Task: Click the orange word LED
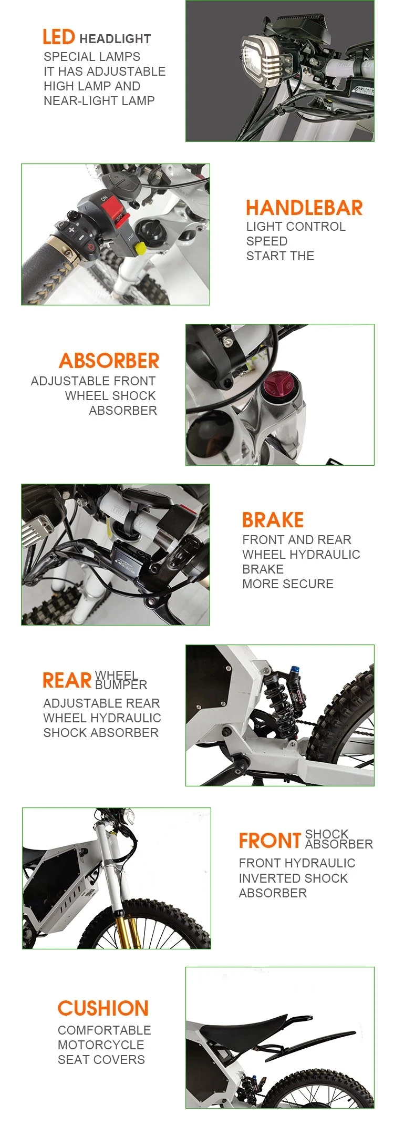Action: click(x=58, y=37)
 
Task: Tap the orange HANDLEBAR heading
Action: click(x=304, y=208)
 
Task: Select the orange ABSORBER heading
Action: click(x=109, y=361)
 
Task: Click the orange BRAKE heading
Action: click(x=273, y=520)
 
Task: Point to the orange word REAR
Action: click(x=67, y=680)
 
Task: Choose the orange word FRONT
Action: click(x=270, y=841)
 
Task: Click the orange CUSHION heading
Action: click(x=103, y=1008)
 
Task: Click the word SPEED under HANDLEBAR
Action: click(x=267, y=241)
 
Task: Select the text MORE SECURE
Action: click(x=288, y=584)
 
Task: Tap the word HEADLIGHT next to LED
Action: click(x=115, y=39)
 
